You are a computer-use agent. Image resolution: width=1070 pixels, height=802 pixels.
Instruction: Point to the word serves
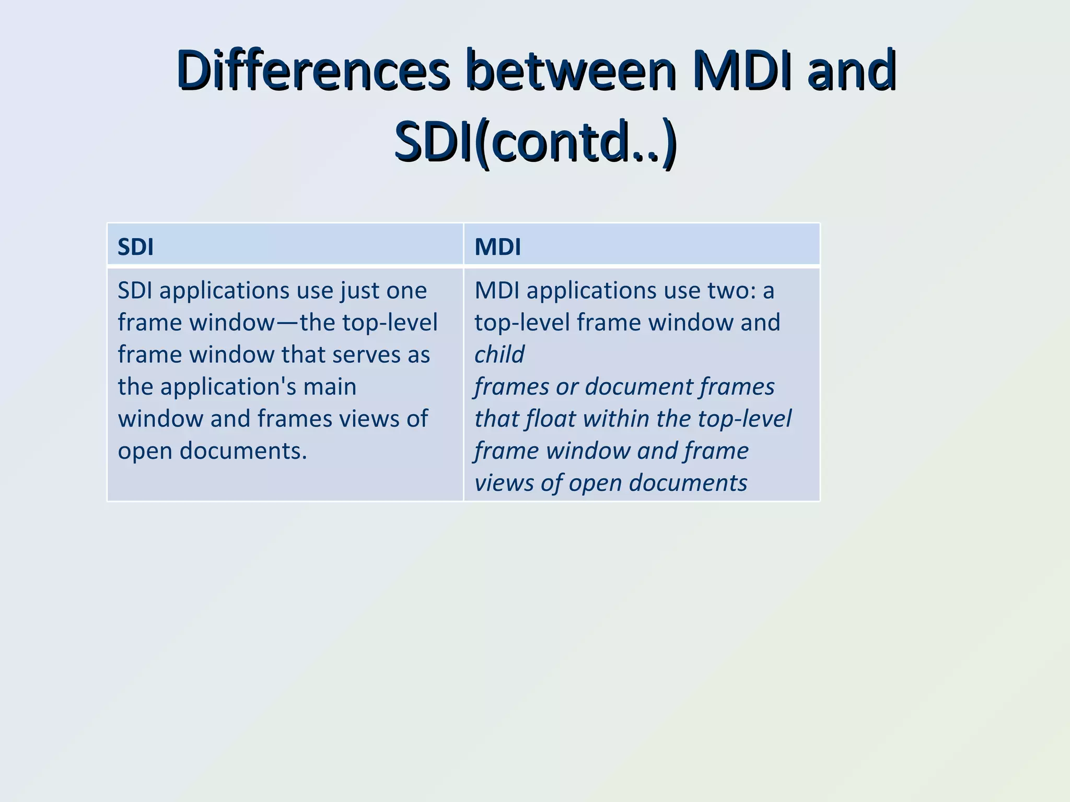tap(366, 355)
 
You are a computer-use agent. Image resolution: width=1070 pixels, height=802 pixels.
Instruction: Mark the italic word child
tap(499, 355)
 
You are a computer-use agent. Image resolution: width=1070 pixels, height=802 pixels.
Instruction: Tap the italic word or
tap(567, 387)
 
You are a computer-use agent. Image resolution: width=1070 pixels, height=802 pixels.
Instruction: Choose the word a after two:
tap(769, 291)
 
